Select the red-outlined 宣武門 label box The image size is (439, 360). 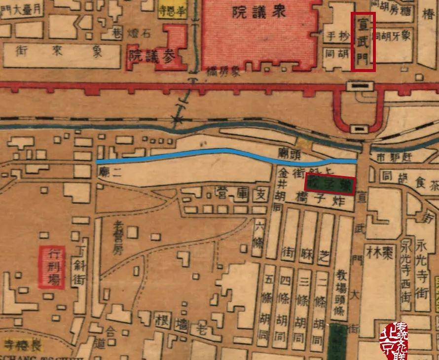(x=363, y=41)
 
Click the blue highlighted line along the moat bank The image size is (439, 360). (x=222, y=153)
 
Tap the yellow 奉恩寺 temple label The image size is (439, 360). (x=172, y=9)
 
